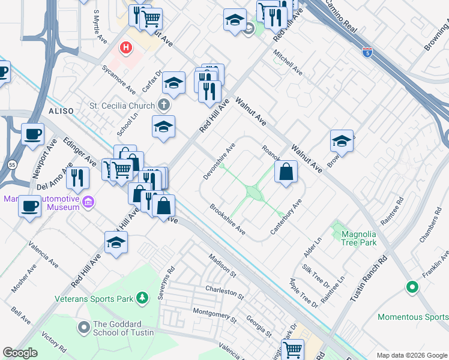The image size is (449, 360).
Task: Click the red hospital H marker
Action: click(126, 47)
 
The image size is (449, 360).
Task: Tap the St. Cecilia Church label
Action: click(122, 106)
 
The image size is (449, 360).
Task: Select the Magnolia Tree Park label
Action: click(358, 238)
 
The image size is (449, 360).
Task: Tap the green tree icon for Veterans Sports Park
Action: click(142, 297)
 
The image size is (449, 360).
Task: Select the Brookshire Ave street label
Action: click(228, 220)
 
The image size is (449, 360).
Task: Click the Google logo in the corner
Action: click(20, 353)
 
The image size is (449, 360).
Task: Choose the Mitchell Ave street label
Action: click(288, 62)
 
